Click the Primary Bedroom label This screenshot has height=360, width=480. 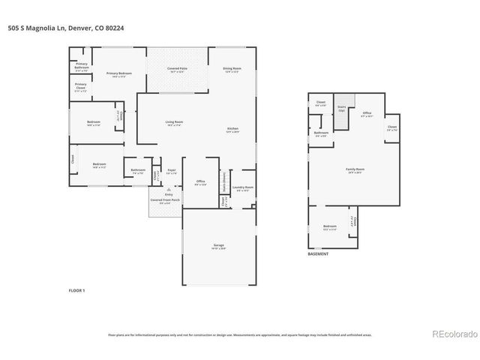pos(118,73)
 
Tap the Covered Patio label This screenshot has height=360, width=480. pos(177,69)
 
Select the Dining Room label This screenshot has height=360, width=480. pos(231,70)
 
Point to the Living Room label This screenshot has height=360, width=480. pos(175,122)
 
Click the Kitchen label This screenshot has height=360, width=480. pos(232,130)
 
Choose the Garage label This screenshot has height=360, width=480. pos(218,246)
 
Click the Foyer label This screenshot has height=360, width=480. pos(171,171)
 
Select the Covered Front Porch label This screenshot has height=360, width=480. pos(164,201)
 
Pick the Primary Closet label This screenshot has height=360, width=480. pos(80,86)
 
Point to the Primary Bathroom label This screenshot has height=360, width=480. pos(82,65)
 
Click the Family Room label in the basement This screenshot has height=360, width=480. pos(355,170)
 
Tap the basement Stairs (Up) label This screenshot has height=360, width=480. pos(341,108)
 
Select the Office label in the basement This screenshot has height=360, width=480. pos(367,114)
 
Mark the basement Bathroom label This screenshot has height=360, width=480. pos(321,133)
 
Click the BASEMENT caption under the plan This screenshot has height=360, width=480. pos(318,254)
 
